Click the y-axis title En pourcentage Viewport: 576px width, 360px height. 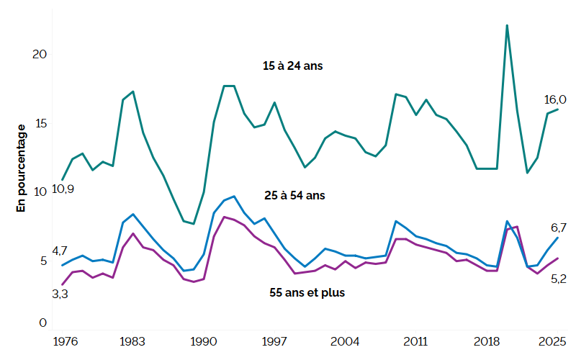(x=21, y=168)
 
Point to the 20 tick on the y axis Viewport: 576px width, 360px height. (x=41, y=55)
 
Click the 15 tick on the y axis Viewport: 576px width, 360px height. (x=41, y=123)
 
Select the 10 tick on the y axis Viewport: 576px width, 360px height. (x=41, y=192)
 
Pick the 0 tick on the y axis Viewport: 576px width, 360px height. (x=42, y=323)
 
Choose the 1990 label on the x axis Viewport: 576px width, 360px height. (x=204, y=341)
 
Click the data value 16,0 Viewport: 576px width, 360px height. (x=556, y=99)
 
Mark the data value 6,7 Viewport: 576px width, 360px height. (x=559, y=228)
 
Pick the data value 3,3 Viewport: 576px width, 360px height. (x=60, y=294)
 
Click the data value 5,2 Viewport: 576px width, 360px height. (x=559, y=279)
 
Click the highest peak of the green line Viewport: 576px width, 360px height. (x=508, y=25)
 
